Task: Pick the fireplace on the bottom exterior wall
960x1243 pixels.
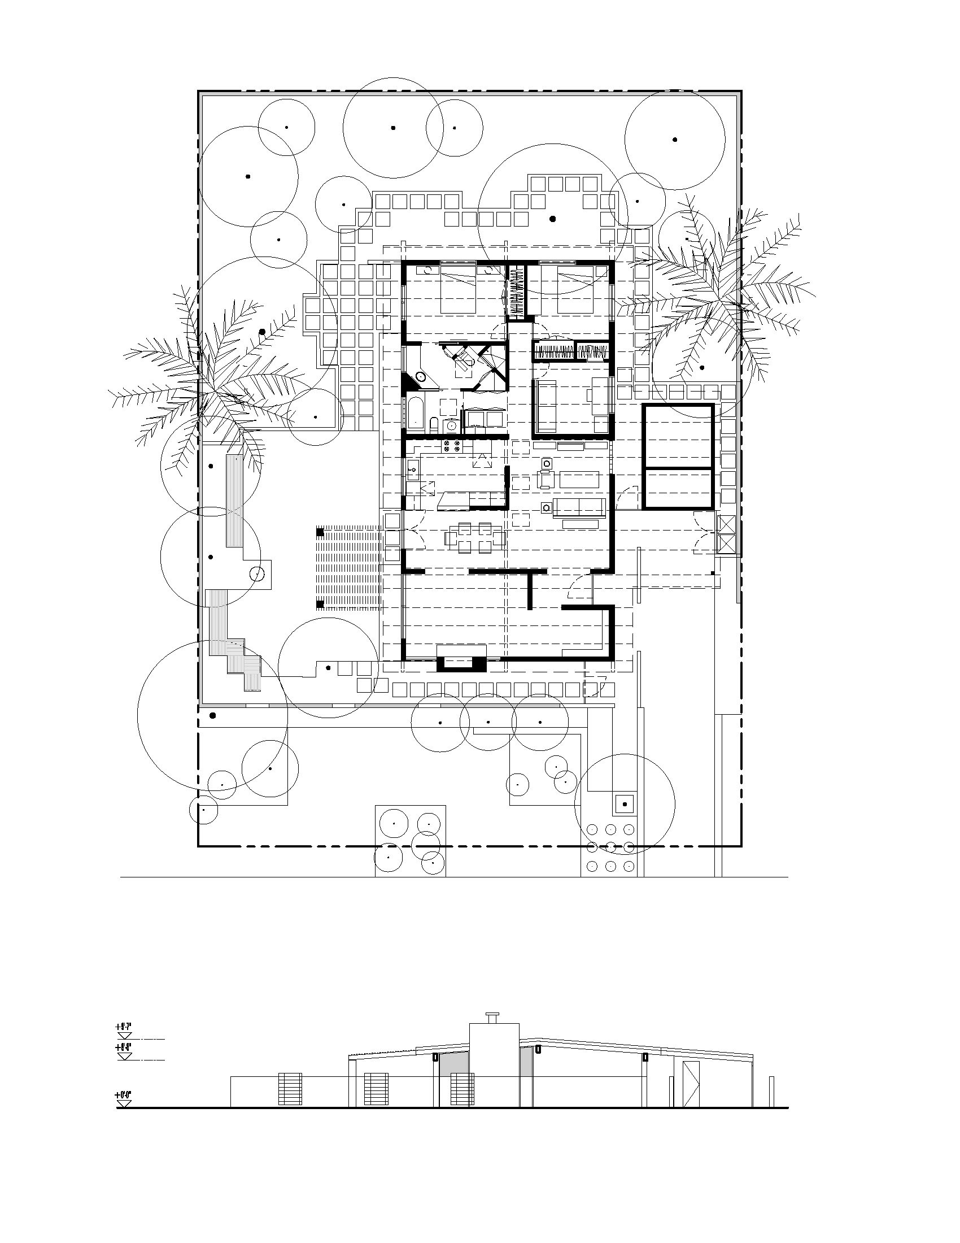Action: (461, 663)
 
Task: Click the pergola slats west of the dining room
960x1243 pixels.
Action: (348, 567)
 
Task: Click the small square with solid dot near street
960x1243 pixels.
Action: (625, 804)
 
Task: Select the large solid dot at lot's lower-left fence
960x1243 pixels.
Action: (213, 715)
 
